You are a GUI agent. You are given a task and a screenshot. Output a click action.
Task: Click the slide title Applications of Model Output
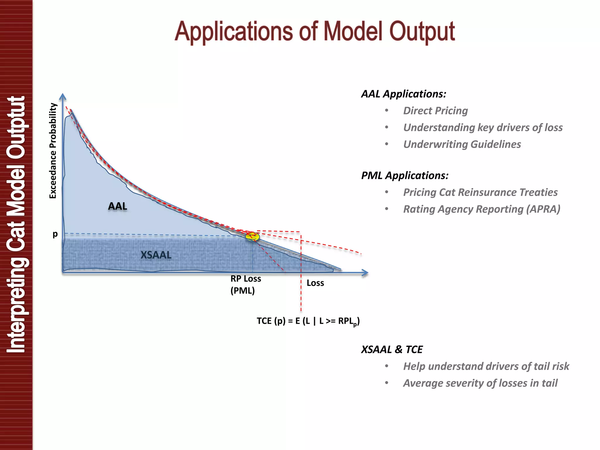314,32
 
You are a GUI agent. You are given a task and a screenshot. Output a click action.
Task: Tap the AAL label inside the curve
117,206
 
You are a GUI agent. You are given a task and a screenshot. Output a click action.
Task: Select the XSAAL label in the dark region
156,255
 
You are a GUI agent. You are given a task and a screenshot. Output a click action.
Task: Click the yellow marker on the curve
252,236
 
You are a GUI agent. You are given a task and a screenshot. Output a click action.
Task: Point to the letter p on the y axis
55,234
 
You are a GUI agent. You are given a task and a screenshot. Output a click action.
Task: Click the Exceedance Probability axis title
53,151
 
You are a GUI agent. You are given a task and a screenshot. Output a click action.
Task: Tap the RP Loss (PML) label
246,284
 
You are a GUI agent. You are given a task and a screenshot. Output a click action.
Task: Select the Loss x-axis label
315,283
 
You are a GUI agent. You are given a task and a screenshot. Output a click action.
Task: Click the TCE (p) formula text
308,321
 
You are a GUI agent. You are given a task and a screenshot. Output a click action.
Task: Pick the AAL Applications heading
404,94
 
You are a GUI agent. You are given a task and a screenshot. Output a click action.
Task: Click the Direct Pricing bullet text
435,111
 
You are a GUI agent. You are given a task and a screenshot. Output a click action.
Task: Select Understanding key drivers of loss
483,127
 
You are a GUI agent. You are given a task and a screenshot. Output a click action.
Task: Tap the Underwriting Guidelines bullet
462,144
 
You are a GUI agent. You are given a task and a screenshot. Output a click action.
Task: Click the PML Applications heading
405,175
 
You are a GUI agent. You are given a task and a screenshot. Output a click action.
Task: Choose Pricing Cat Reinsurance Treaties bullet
480,192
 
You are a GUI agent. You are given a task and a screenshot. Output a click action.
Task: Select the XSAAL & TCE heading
392,350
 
